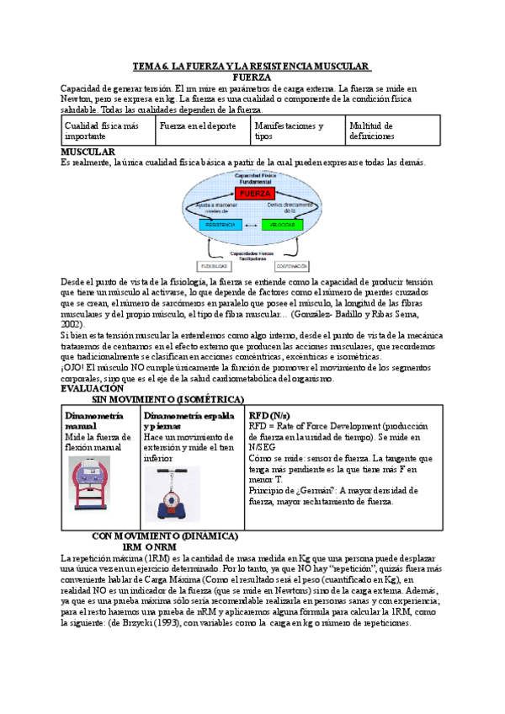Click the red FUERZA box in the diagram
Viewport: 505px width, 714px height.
253,194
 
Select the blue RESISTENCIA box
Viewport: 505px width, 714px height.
219,226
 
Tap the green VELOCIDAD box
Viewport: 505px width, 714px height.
289,226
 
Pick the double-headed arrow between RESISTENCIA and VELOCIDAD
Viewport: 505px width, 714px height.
253,226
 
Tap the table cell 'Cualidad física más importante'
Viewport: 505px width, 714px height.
108,131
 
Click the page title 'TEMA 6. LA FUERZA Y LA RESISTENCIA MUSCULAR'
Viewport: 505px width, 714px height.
252,66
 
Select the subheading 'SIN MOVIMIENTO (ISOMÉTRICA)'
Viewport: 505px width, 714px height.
167,399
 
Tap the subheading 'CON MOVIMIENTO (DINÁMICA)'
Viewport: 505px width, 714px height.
165,535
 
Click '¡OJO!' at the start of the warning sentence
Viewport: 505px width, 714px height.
74,368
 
